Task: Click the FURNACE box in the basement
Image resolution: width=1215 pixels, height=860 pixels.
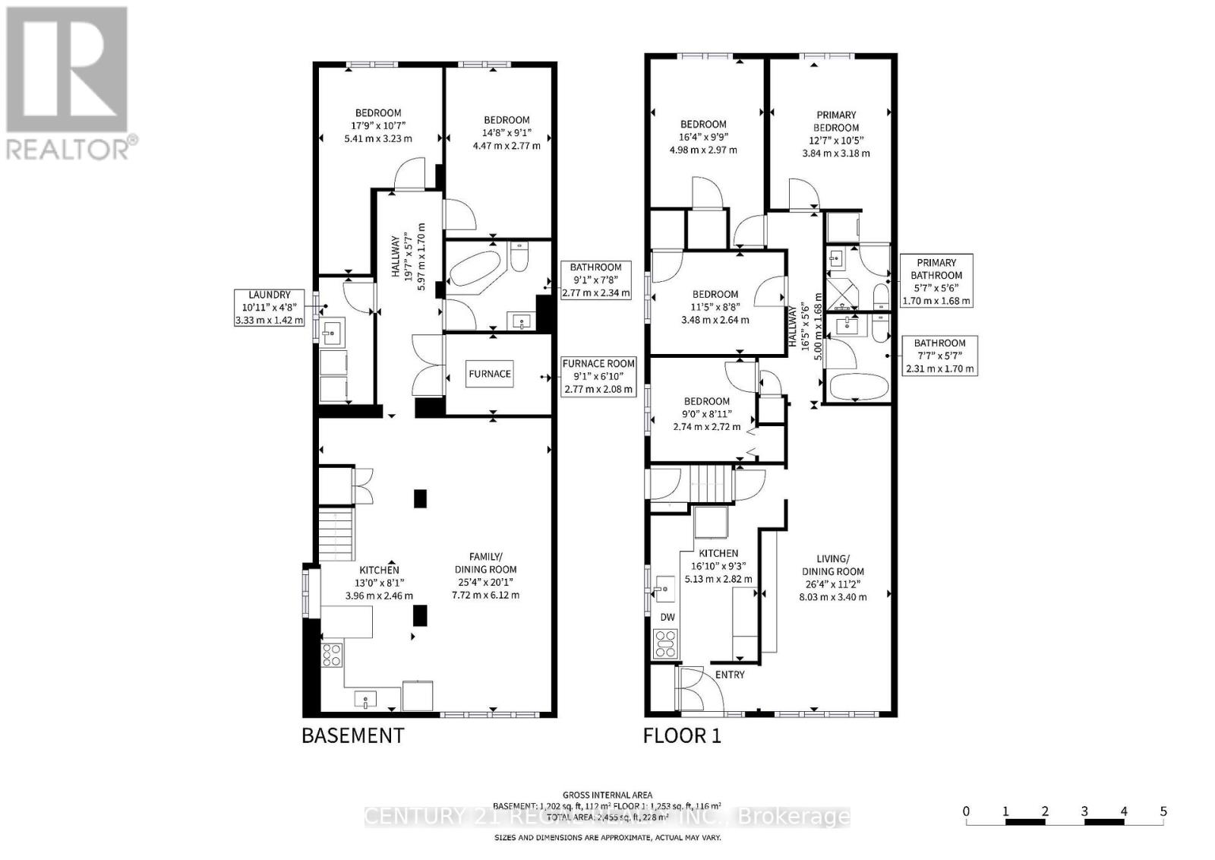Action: coord(490,374)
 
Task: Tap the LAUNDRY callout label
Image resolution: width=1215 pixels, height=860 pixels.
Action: coord(269,295)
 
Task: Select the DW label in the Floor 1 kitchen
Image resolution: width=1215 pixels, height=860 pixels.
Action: coord(667,617)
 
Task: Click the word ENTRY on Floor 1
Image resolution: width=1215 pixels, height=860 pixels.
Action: coord(730,674)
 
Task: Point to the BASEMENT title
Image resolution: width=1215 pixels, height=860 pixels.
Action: coord(353,735)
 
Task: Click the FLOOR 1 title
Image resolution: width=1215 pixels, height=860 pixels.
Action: coord(682,735)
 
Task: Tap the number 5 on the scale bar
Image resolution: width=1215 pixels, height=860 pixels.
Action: coord(1163,811)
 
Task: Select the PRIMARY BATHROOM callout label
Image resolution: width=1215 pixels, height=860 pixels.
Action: coord(936,269)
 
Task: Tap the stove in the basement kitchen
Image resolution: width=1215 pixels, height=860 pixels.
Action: coord(332,654)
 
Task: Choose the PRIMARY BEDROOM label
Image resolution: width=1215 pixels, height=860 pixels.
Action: coord(836,121)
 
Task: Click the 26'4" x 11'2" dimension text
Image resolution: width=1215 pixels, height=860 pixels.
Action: coord(832,584)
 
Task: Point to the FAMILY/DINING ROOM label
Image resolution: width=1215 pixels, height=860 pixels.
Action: coord(485,563)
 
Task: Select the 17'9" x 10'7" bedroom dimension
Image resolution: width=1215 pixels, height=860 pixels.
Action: coord(377,126)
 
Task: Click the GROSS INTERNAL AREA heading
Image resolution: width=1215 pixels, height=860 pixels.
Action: coord(607,795)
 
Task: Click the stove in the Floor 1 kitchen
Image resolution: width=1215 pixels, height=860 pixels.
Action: coord(665,644)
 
